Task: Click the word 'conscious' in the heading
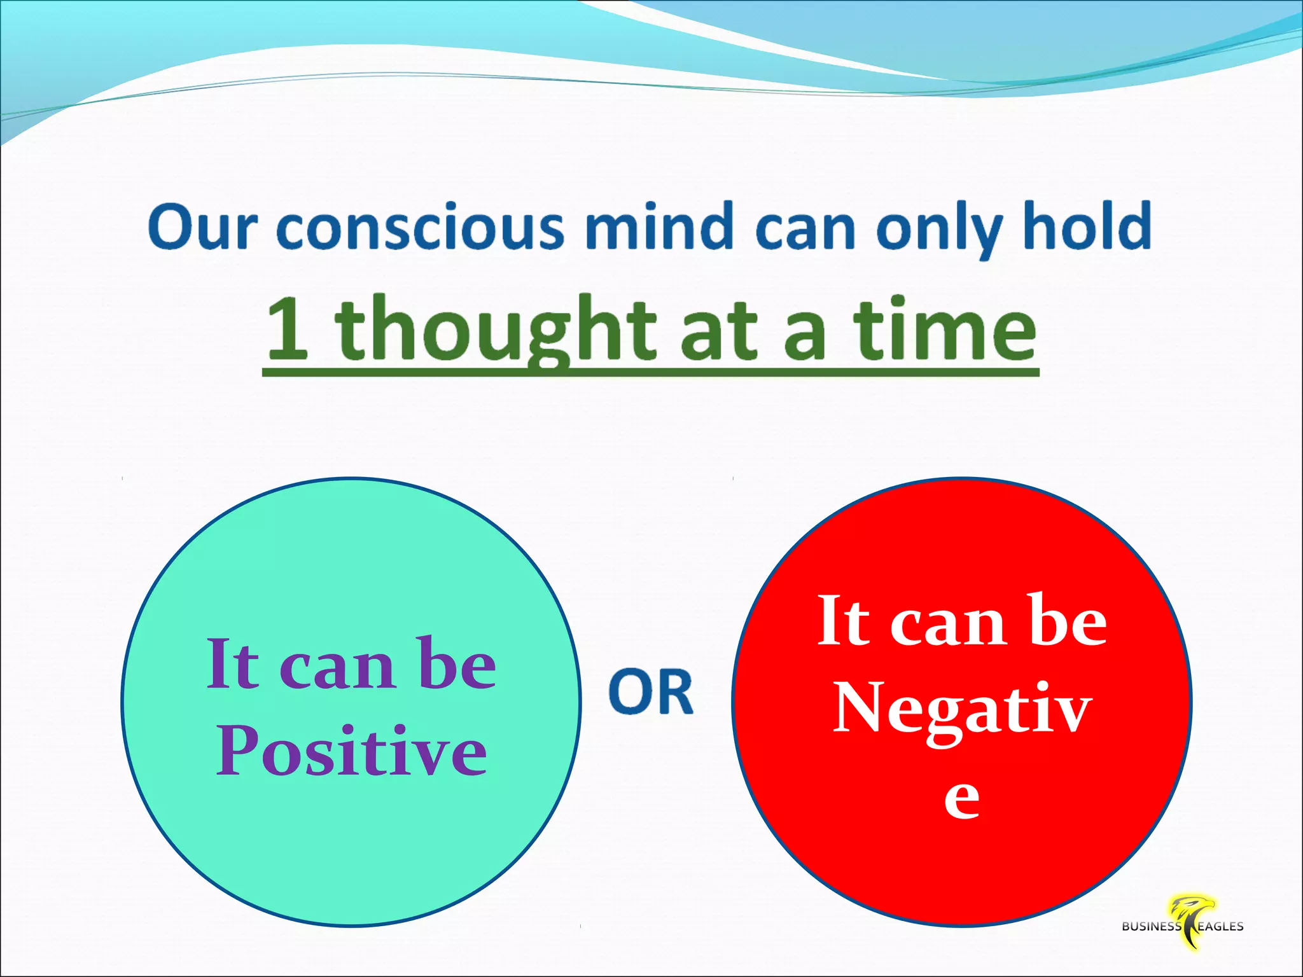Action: click(421, 227)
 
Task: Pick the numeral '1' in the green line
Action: click(288, 329)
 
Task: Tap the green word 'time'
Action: click(945, 329)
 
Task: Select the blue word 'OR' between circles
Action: click(650, 692)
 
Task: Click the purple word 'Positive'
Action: click(352, 752)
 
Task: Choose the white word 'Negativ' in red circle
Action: click(962, 709)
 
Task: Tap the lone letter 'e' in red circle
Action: click(961, 798)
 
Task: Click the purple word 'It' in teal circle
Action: click(233, 665)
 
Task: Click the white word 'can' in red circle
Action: click(949, 624)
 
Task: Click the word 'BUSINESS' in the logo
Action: click(1151, 927)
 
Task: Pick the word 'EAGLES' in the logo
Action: click(1220, 927)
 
